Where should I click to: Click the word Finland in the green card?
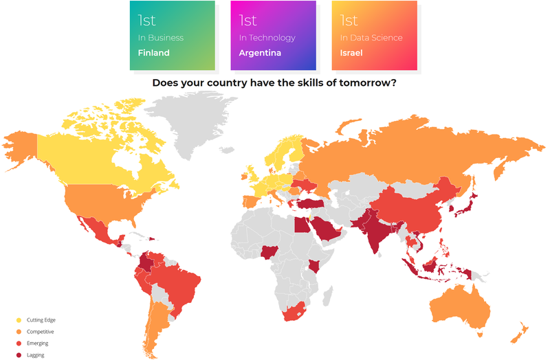[153, 53]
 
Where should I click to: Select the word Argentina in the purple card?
[260, 53]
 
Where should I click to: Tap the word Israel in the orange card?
[351, 53]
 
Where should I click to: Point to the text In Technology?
[267, 38]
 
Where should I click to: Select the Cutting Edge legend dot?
[19, 320]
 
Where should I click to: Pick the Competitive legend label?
[41, 332]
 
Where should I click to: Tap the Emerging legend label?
[38, 343]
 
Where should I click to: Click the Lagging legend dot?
[19, 355]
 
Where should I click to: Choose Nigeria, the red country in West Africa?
[269, 253]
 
